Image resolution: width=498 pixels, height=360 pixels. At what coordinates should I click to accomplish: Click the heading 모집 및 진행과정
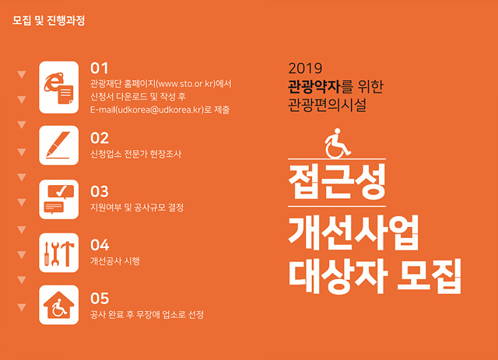pos(48,21)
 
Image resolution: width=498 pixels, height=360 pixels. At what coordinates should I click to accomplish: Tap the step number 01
pos(100,68)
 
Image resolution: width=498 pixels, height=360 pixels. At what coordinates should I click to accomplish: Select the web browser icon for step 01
pos(59,87)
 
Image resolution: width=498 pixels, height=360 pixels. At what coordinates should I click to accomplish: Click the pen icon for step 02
pos(59,145)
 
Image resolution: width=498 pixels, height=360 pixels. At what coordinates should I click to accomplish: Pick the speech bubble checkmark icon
pos(59,199)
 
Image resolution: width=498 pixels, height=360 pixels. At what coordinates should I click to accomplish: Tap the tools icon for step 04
pos(59,253)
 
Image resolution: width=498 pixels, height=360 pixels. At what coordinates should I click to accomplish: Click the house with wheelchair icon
pos(59,305)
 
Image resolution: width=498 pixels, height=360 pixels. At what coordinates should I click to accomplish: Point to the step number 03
pos(100,192)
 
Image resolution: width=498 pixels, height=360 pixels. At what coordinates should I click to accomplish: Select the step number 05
pos(100,299)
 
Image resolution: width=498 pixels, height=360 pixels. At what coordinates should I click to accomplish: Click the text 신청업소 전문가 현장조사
pos(136,154)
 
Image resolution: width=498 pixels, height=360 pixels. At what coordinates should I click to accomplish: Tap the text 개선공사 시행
pos(115,261)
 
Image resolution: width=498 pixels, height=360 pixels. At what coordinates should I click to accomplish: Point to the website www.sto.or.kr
pos(186,84)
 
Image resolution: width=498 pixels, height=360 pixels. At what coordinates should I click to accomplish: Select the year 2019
pos(305,68)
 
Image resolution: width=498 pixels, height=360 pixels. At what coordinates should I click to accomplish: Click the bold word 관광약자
pos(314,86)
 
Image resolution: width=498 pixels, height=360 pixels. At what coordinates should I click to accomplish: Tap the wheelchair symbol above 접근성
pos(338,143)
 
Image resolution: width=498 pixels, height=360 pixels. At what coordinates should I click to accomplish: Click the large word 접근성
pos(337,182)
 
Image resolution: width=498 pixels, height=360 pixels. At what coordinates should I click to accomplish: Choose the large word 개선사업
pos(353,232)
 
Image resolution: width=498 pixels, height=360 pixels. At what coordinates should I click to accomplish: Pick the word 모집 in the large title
pos(429,276)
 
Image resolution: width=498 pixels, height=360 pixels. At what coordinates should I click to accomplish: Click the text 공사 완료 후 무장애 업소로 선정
pos(147,315)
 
